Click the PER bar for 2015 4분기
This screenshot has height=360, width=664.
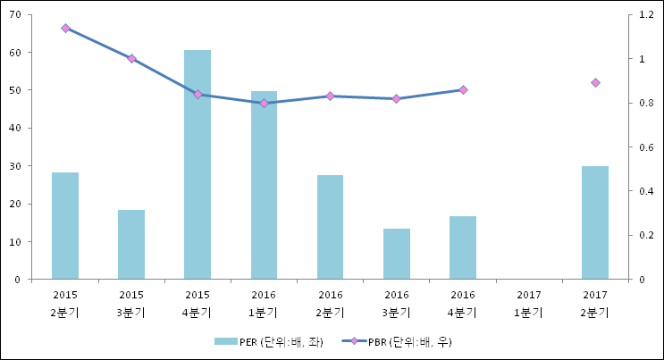point(198,165)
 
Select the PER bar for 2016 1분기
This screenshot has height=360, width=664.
point(264,185)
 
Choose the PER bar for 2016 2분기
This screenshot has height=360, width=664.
point(330,227)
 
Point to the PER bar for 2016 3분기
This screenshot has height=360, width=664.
point(396,254)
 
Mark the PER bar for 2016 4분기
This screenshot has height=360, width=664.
point(463,247)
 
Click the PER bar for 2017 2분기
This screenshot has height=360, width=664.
point(595,222)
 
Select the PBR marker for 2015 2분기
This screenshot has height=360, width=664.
point(65,29)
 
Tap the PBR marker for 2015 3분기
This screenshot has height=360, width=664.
point(131,59)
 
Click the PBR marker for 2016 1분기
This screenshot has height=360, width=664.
point(264,103)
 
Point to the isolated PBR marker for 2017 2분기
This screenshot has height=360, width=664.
point(595,83)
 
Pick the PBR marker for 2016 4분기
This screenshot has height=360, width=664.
point(463,89)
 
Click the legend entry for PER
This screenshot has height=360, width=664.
point(268,341)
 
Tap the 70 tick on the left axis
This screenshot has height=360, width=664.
point(15,14)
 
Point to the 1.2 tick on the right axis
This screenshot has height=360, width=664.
point(647,14)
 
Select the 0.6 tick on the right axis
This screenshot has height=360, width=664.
point(647,147)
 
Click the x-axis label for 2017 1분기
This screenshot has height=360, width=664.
point(529,303)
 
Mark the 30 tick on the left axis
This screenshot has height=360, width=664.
point(15,165)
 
